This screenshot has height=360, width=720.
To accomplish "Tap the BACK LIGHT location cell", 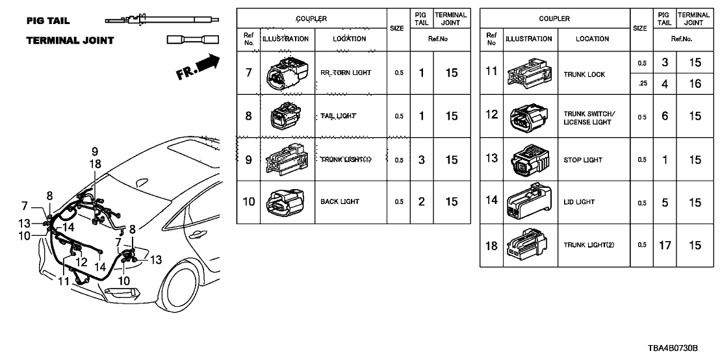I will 340,201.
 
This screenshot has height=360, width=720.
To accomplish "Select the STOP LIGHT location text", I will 583,160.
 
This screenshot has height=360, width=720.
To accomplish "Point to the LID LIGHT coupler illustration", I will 526,202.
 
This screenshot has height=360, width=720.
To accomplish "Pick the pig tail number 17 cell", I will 664,245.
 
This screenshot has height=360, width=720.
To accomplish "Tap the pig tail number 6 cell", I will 664,116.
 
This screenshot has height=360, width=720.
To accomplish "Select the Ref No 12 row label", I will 492,115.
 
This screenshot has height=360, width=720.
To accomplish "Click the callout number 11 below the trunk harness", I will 63,281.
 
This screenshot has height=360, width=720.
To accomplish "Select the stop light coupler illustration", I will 526,160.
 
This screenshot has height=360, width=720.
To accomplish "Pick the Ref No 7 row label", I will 248,73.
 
